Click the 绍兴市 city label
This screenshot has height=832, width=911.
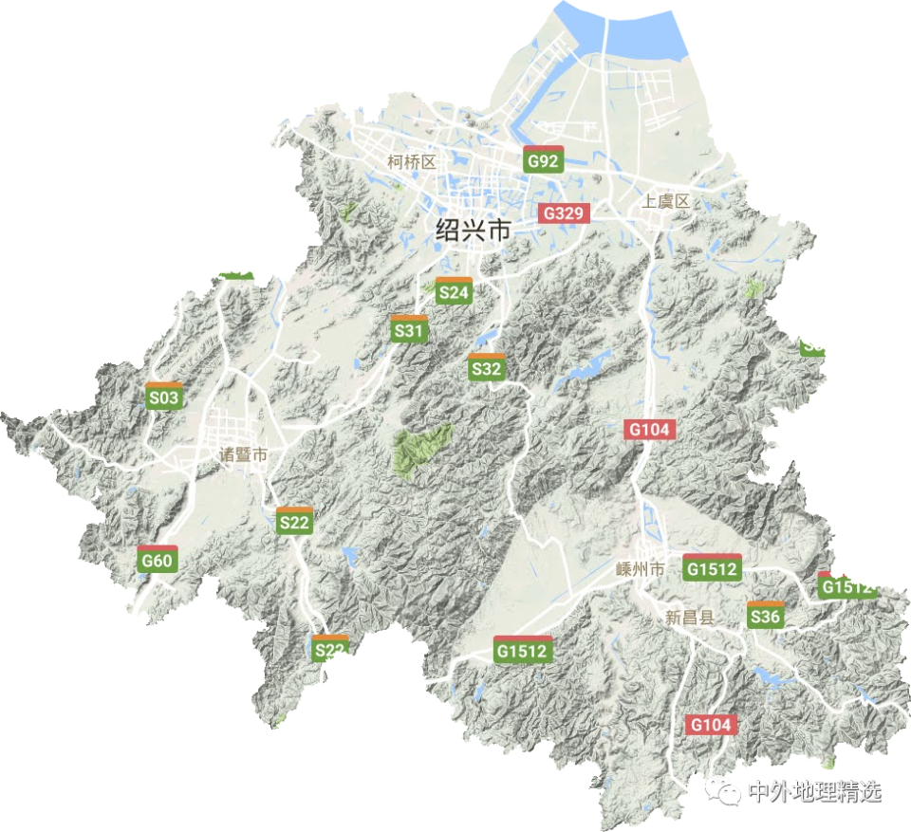click(x=473, y=230)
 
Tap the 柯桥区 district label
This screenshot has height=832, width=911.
click(x=411, y=162)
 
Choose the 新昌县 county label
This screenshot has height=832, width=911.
click(x=689, y=617)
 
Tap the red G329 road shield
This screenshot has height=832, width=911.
click(x=564, y=213)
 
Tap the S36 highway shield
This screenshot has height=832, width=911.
click(x=765, y=616)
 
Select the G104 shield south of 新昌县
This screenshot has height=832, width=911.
click(x=711, y=724)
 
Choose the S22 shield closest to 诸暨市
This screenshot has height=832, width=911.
click(x=294, y=521)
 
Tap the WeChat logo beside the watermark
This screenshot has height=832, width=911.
click(x=727, y=791)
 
